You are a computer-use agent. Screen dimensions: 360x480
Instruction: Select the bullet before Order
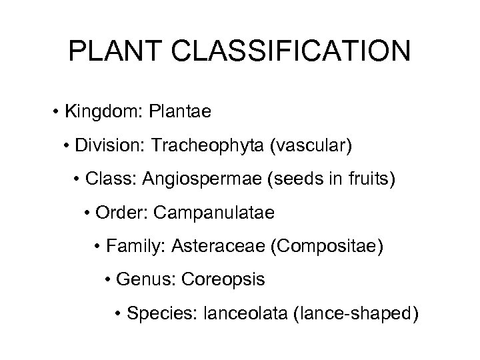88,214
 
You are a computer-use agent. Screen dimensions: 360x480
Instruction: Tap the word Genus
140,281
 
